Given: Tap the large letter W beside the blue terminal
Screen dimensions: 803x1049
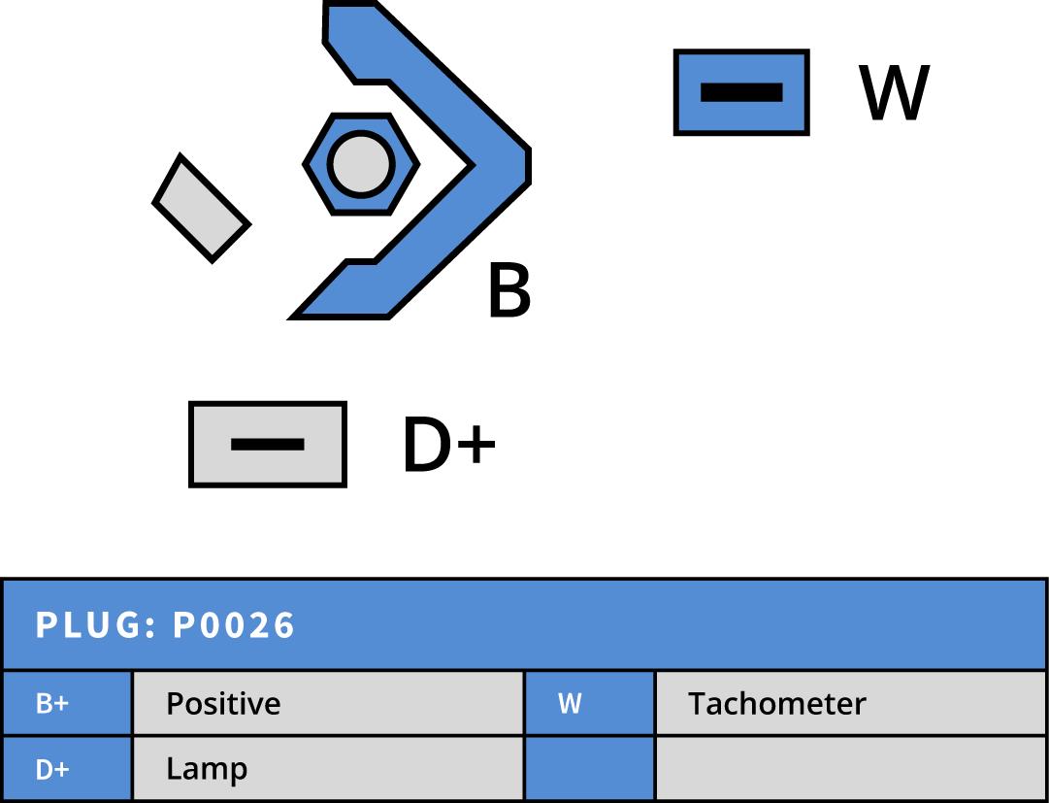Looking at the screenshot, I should pos(894,93).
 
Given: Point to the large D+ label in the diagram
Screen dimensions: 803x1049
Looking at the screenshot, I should pos(448,446).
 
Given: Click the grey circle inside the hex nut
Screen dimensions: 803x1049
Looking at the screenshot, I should pos(360,164).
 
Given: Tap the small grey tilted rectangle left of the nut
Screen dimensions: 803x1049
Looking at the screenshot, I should pos(202,209).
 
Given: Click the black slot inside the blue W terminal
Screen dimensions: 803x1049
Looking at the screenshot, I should pos(741,92).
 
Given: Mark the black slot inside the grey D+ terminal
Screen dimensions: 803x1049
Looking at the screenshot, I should pos(268,445).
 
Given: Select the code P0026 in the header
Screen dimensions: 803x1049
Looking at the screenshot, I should pos(234,625).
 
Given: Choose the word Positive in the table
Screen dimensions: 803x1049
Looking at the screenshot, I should pos(223,704).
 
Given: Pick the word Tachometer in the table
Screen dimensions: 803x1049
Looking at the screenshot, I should pos(776,704).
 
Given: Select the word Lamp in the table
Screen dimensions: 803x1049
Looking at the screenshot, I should pos(207,769).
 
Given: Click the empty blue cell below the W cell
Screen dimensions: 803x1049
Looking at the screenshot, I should pos(589,769).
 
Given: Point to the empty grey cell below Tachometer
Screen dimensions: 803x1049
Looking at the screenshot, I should pos(850,769).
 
